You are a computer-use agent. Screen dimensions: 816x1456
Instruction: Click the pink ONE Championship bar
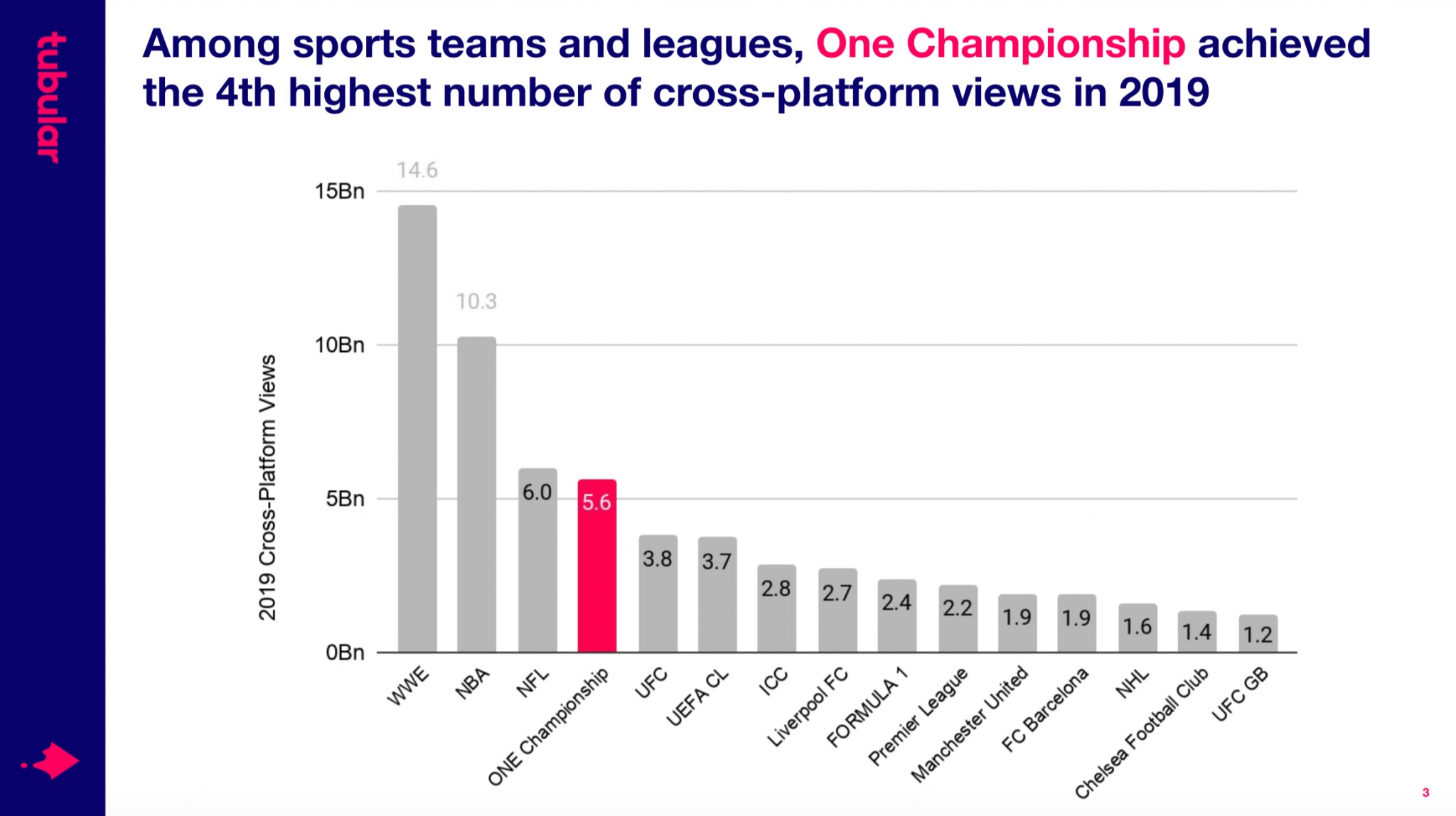(x=596, y=569)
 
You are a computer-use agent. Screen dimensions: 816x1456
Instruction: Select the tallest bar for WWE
(x=417, y=426)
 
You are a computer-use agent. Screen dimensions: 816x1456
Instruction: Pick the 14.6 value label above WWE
(x=417, y=171)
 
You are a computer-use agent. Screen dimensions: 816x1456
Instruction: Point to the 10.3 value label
(x=476, y=301)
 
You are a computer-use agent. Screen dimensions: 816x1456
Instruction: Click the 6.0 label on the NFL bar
(x=537, y=492)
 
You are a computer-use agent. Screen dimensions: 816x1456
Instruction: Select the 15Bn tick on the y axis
(x=340, y=191)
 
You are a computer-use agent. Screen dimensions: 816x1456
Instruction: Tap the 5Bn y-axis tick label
(x=345, y=499)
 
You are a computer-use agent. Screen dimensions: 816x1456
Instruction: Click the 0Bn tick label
(x=345, y=653)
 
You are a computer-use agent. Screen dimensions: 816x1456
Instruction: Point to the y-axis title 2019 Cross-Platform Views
(x=267, y=488)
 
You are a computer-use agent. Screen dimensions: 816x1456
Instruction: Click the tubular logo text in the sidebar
(x=52, y=97)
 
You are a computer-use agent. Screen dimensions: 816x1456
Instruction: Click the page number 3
(x=1425, y=793)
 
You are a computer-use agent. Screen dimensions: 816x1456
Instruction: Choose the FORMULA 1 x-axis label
(x=867, y=708)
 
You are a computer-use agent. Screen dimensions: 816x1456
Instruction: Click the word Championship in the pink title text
(x=1045, y=43)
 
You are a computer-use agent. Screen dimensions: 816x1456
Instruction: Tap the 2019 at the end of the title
(x=1164, y=92)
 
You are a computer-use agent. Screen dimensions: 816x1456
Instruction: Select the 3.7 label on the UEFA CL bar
(x=717, y=562)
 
